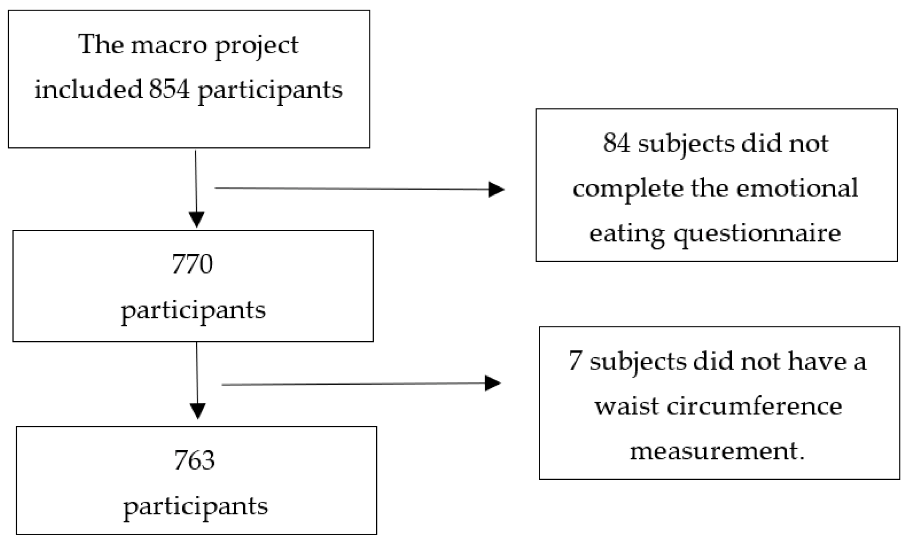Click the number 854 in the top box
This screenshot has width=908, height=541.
pyautogui.click(x=169, y=90)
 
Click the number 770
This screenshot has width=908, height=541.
pyautogui.click(x=192, y=265)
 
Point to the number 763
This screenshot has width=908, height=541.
pyautogui.click(x=194, y=460)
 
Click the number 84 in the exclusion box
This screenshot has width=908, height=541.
pyautogui.click(x=616, y=143)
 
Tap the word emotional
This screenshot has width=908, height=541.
pyautogui.click(x=797, y=188)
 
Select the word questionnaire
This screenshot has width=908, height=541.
pyautogui.click(x=757, y=234)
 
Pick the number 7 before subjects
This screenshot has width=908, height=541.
pyautogui.click(x=575, y=362)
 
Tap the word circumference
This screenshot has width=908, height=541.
pyautogui.click(x=755, y=406)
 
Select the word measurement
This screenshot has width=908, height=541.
pyautogui.click(x=717, y=451)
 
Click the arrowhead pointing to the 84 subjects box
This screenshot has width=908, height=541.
pyautogui.click(x=496, y=189)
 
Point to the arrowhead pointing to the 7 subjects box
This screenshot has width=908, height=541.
pyautogui.click(x=493, y=383)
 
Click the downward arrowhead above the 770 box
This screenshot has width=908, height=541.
pyautogui.click(x=197, y=219)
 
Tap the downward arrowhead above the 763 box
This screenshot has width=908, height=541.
pyautogui.click(x=197, y=411)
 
